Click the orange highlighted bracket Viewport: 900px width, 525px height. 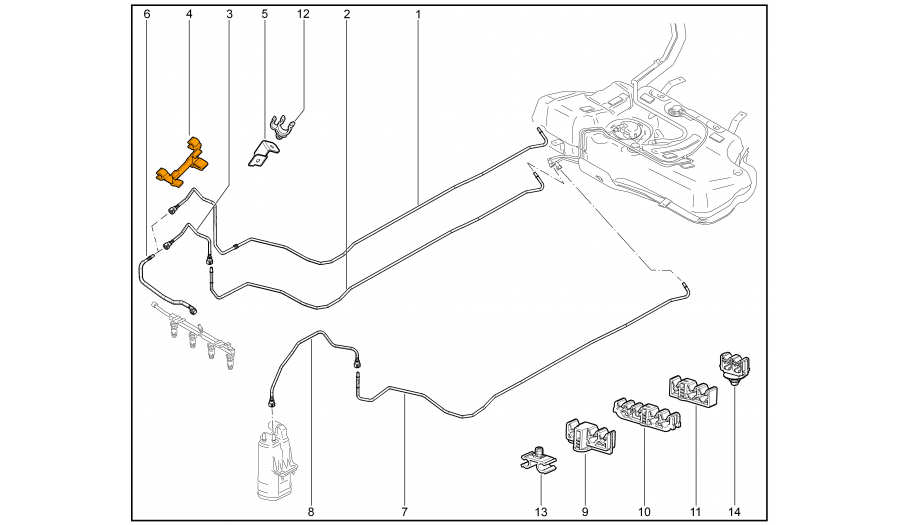184,162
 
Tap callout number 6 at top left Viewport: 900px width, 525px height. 147,14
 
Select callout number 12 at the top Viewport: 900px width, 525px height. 303,14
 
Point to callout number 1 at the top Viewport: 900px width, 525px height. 418,14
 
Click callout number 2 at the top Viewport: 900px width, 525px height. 347,14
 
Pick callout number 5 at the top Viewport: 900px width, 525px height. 265,14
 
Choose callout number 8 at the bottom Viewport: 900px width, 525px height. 311,512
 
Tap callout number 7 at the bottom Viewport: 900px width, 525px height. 404,512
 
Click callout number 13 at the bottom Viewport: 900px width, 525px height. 541,512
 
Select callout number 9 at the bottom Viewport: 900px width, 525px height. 585,512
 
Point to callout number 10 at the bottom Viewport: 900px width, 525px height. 644,512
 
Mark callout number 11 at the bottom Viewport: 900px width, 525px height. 696,512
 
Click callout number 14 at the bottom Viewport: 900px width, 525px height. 735,512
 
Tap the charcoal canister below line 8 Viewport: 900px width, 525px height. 277,459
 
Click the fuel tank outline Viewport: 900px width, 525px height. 643,143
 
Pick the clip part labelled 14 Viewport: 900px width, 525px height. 735,367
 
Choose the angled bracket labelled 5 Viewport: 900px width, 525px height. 263,154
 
